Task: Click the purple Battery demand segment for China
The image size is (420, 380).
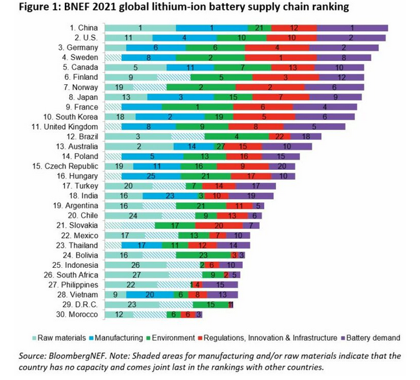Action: pyautogui.click(x=352, y=29)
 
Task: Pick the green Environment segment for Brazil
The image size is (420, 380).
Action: pyautogui.click(x=236, y=136)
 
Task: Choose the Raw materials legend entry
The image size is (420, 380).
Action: pyautogui.click(x=57, y=337)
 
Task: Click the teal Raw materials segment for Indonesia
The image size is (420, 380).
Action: pyautogui.click(x=135, y=265)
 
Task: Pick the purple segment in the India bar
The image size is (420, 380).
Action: pyautogui.click(x=251, y=195)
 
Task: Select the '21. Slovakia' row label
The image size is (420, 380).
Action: pyautogui.click(x=80, y=225)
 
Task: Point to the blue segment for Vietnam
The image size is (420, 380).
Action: pyautogui.click(x=150, y=294)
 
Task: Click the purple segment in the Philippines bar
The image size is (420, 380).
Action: pyautogui.click(x=221, y=284)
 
